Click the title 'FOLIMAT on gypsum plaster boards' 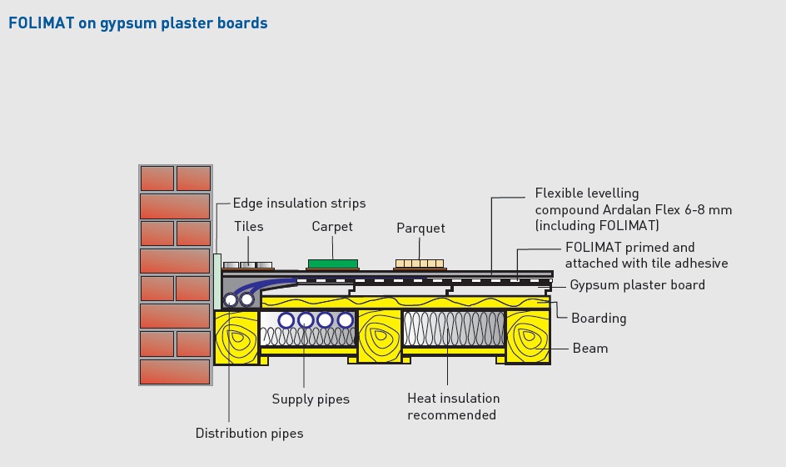tap(138, 23)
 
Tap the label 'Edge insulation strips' tap(299, 203)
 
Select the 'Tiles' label tap(249, 227)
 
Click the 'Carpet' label tap(332, 227)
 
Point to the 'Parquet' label tap(420, 228)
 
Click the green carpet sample tap(333, 264)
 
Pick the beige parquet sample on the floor tap(420, 264)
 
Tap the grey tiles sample tap(247, 265)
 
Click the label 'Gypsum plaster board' tap(637, 285)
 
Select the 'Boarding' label tap(599, 319)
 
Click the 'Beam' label tap(590, 349)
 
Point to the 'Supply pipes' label tap(311, 399)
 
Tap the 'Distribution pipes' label tap(249, 434)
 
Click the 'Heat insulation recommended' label tap(453, 407)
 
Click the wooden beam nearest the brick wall tap(236, 337)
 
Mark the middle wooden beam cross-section tap(380, 336)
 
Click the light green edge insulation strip tap(217, 282)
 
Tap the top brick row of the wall tap(176, 178)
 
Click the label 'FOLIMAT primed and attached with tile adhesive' tap(646, 255)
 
